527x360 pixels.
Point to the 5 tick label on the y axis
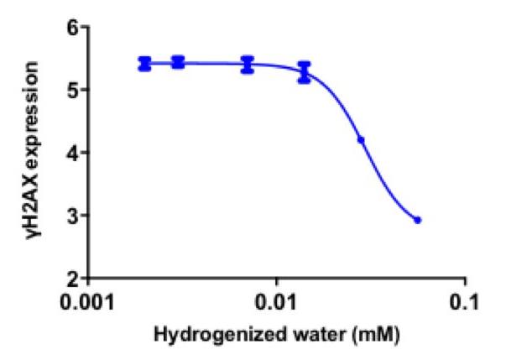pyautogui.click(x=73, y=90)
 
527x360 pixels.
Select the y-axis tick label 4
pyautogui.click(x=73, y=153)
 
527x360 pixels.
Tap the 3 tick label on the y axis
pyautogui.click(x=73, y=216)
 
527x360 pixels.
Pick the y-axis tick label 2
pyautogui.click(x=73, y=278)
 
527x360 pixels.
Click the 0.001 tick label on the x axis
pyautogui.click(x=90, y=300)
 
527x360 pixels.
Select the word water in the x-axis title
pyautogui.click(x=298, y=335)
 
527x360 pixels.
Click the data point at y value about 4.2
pyautogui.click(x=361, y=140)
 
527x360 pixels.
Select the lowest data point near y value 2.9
pyautogui.click(x=417, y=220)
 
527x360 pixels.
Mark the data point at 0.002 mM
pyautogui.click(x=145, y=64)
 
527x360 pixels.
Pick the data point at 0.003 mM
pyautogui.click(x=178, y=62)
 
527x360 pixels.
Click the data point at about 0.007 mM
pyautogui.click(x=247, y=65)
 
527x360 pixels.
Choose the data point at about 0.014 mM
pyautogui.click(x=304, y=72)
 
